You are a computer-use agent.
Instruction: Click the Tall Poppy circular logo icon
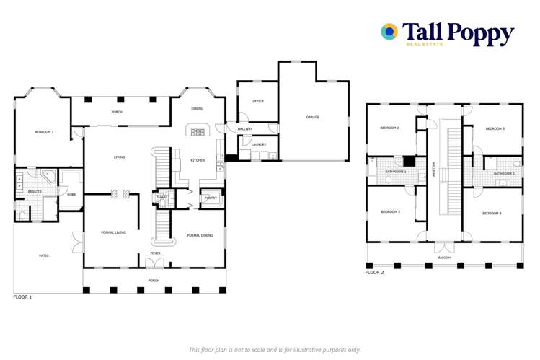point(389,31)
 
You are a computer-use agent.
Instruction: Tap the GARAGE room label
point(312,117)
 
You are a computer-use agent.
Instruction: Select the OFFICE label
point(257,101)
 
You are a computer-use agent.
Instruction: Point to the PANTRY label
point(211,198)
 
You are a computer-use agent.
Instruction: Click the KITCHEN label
point(197,160)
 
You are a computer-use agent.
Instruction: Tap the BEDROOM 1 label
point(44,132)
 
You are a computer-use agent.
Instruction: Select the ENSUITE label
point(35,191)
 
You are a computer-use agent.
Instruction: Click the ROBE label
point(71,194)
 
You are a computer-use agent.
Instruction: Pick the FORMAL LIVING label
point(113,232)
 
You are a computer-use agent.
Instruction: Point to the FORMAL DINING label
point(200,235)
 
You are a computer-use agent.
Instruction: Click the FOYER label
point(155,253)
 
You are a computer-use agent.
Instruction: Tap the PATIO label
point(44,255)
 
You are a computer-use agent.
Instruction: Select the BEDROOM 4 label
point(492,213)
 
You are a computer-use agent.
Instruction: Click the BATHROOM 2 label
point(503,174)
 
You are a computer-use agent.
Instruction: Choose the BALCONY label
point(445,258)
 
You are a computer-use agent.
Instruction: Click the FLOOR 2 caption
point(374,273)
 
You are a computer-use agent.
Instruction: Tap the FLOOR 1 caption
point(22,297)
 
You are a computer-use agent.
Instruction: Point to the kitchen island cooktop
point(197,131)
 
